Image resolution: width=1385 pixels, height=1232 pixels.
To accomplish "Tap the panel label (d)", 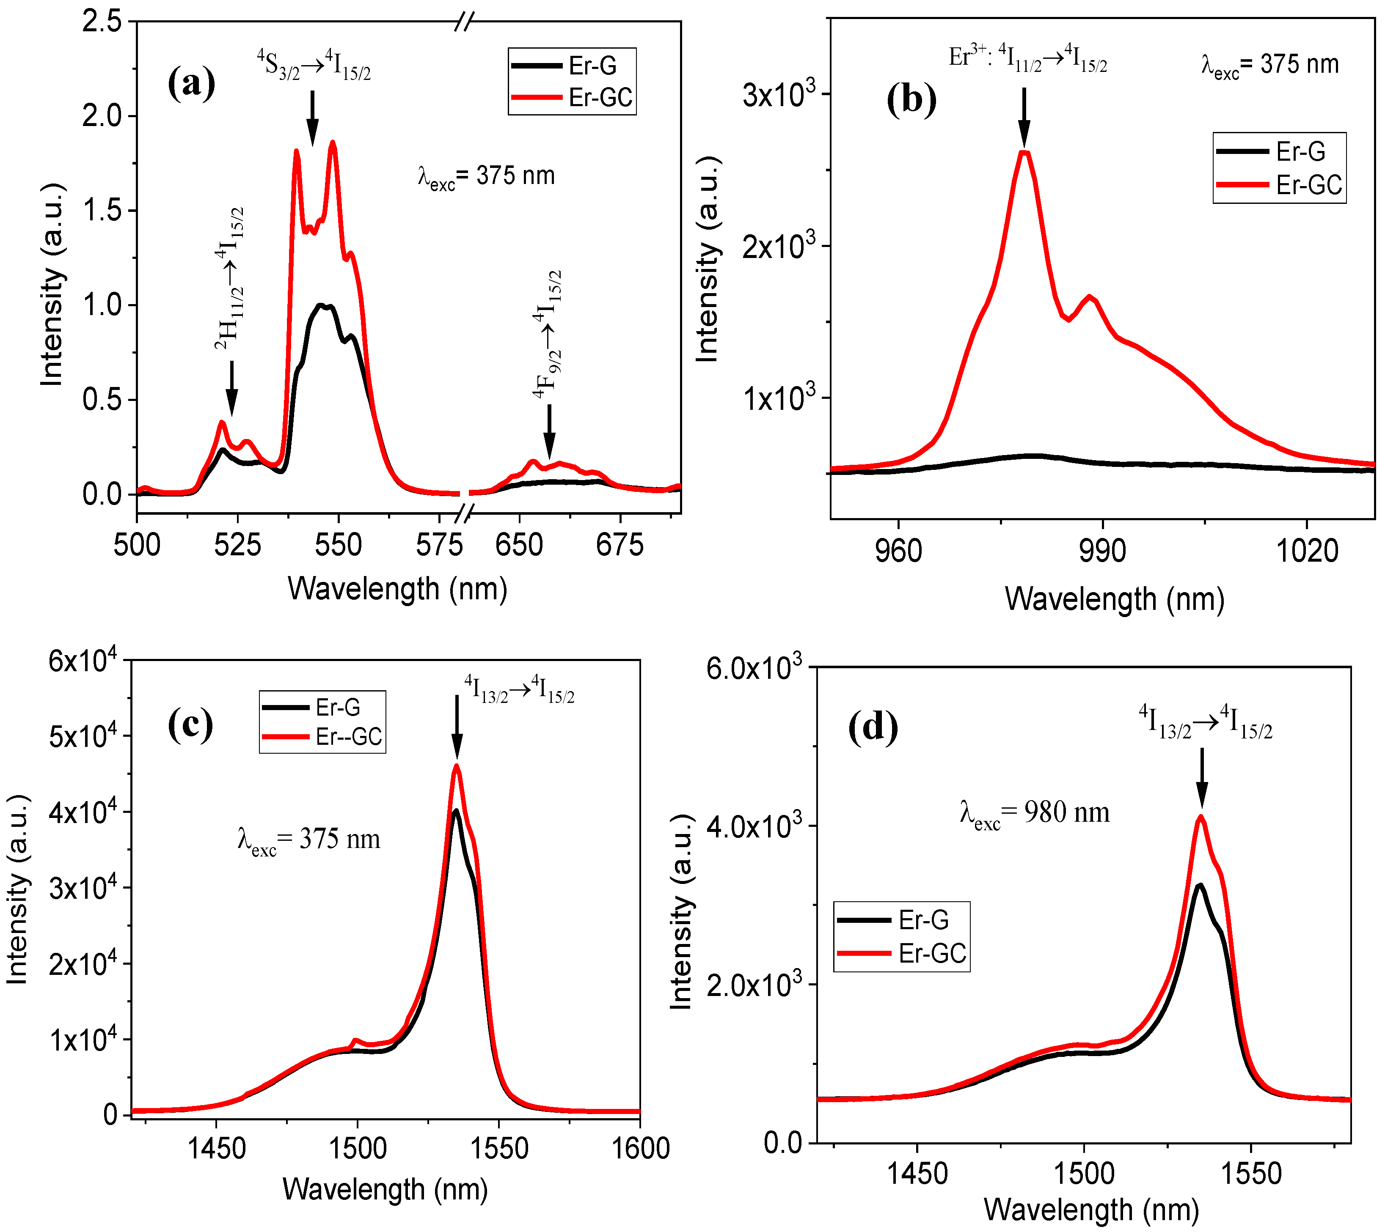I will tap(873, 727).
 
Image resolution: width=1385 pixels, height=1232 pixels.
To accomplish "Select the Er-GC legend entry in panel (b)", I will tap(1279, 185).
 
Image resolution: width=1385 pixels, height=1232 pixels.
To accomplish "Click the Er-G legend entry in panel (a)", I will tap(571, 66).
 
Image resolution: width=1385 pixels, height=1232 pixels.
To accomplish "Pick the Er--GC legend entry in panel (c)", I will tap(322, 737).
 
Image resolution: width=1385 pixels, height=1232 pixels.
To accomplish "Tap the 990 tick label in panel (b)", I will tap(1102, 552).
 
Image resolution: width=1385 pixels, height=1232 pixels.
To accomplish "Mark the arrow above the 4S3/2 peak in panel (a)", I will tap(312, 118).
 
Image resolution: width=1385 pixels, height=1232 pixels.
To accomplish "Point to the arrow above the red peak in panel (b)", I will tap(1024, 116).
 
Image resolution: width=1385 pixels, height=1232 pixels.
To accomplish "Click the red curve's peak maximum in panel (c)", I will tap(457, 767).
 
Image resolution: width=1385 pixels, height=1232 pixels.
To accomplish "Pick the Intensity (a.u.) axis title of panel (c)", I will tap(18, 889).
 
